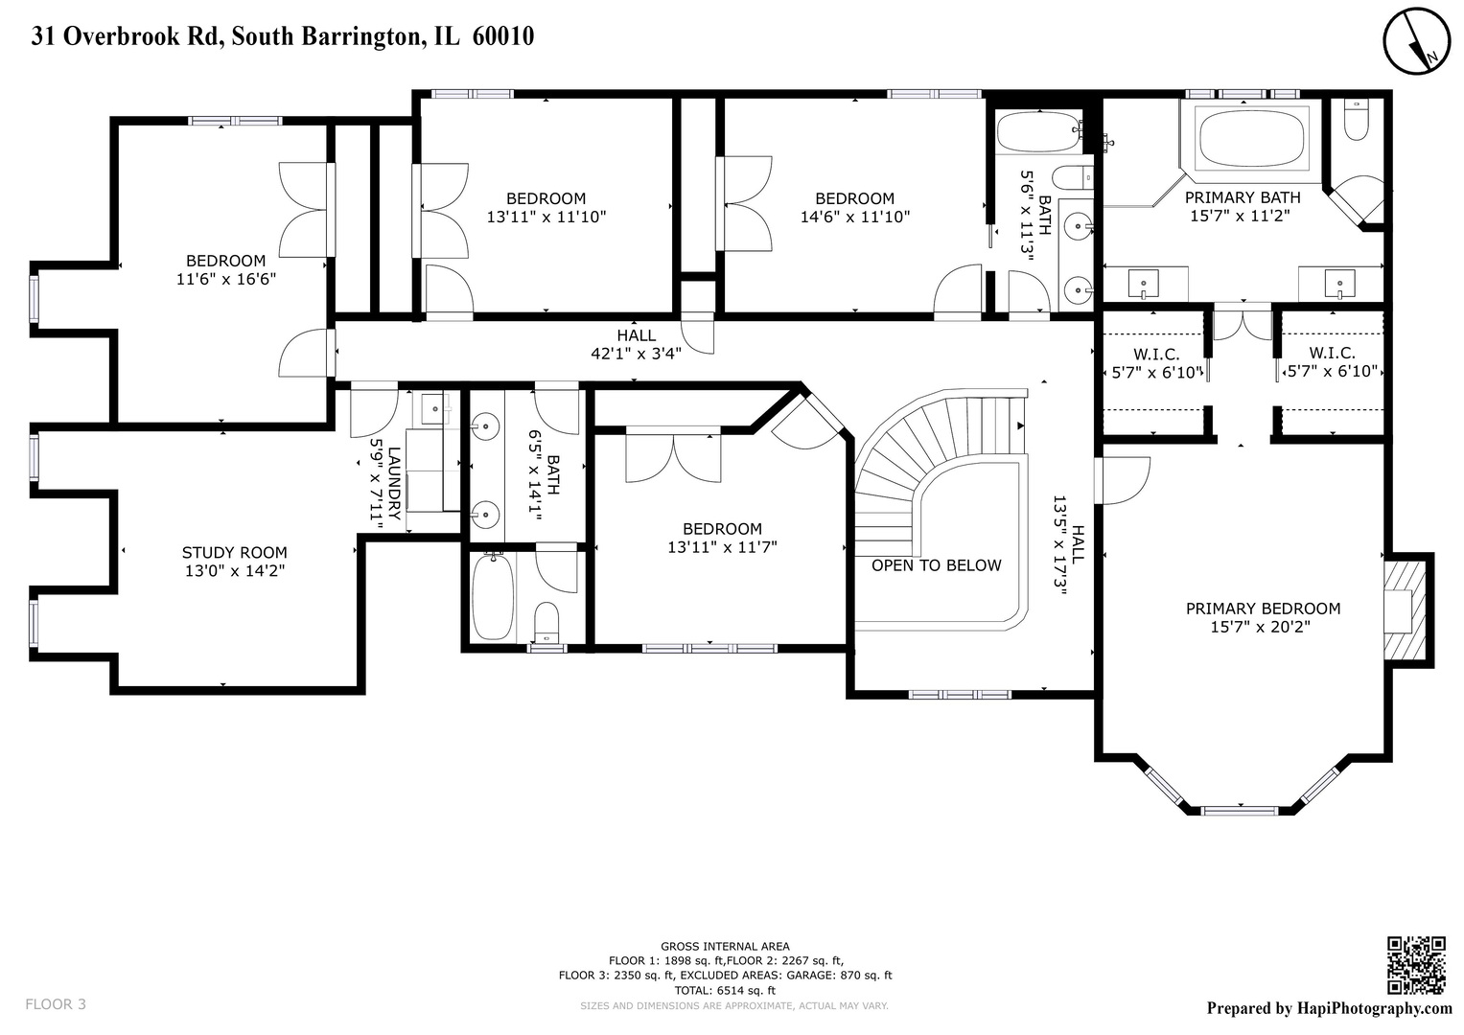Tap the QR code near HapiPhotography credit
pos(1416,965)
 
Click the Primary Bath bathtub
pos(1252,139)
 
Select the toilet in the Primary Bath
pos(1357,120)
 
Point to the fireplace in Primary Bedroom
pos(1406,610)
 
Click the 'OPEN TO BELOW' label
pos(936,565)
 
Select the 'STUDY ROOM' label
pos(235,552)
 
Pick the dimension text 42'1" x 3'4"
pos(636,353)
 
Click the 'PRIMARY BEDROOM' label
pos(1263,609)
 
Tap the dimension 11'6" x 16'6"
pos(226,279)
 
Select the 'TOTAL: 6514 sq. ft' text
pos(725,990)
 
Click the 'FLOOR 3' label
pos(56,1004)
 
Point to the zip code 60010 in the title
pos(503,36)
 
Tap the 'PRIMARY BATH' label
pos(1243,197)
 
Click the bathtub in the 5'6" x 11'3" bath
pos(1039,132)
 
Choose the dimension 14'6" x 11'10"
pos(854,217)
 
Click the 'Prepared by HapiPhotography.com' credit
pos(1329,1008)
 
